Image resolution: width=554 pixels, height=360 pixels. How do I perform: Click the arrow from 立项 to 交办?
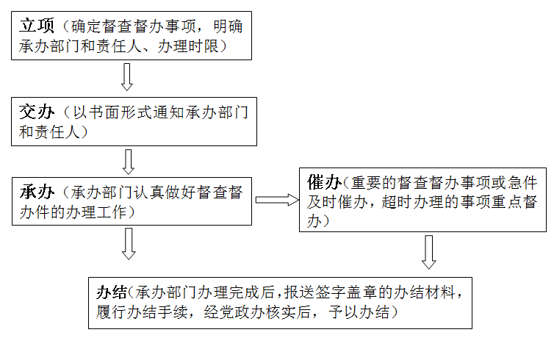(x=127, y=76)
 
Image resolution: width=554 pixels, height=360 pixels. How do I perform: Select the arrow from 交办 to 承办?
(x=128, y=162)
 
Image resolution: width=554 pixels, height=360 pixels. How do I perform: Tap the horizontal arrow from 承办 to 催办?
(x=276, y=199)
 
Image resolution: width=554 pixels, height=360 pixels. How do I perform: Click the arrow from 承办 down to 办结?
(x=128, y=243)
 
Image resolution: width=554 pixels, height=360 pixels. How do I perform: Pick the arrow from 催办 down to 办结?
(x=429, y=252)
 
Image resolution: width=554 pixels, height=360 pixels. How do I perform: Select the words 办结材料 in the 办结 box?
(x=426, y=292)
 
